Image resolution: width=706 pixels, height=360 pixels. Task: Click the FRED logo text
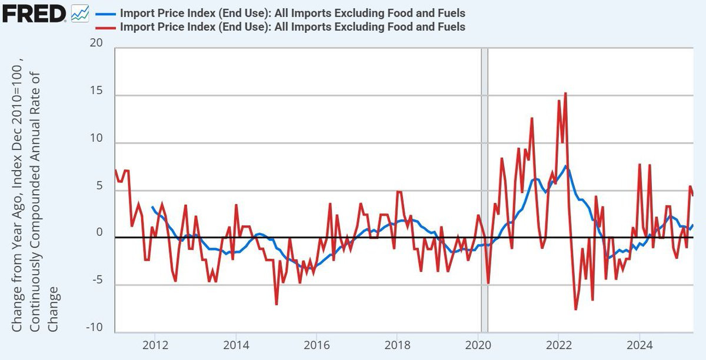coord(34,13)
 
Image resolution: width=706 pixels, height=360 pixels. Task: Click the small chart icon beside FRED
coord(79,13)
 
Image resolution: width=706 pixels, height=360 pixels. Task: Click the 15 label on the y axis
coord(96,92)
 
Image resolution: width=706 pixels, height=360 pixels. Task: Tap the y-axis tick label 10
coord(96,139)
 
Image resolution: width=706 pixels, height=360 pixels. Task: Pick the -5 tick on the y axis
coord(96,281)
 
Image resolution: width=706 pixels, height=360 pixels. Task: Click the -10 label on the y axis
coord(94,328)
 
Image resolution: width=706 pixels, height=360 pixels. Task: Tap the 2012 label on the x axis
coord(155,344)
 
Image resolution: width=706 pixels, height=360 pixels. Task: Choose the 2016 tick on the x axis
coord(317,344)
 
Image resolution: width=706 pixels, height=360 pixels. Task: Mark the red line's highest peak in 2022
coord(565,93)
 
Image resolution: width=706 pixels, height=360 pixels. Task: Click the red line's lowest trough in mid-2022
coord(575,309)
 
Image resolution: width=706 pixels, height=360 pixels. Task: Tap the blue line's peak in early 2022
coord(565,166)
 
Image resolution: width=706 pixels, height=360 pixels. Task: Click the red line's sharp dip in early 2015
coord(277,304)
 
